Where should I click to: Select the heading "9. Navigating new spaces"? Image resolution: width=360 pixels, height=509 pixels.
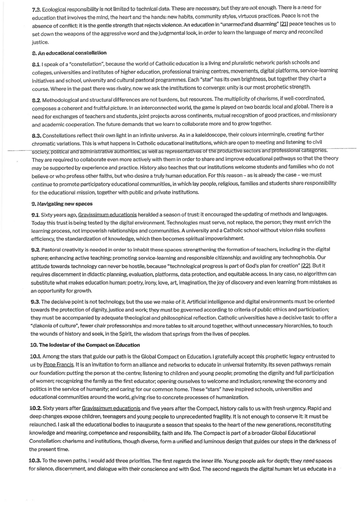62,204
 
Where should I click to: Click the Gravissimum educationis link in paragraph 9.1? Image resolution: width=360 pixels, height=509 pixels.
107,215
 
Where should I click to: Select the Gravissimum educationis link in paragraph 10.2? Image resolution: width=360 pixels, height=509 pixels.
111,408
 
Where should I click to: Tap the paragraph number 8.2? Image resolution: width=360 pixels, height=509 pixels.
37,99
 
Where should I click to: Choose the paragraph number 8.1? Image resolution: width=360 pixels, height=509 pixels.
37,63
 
